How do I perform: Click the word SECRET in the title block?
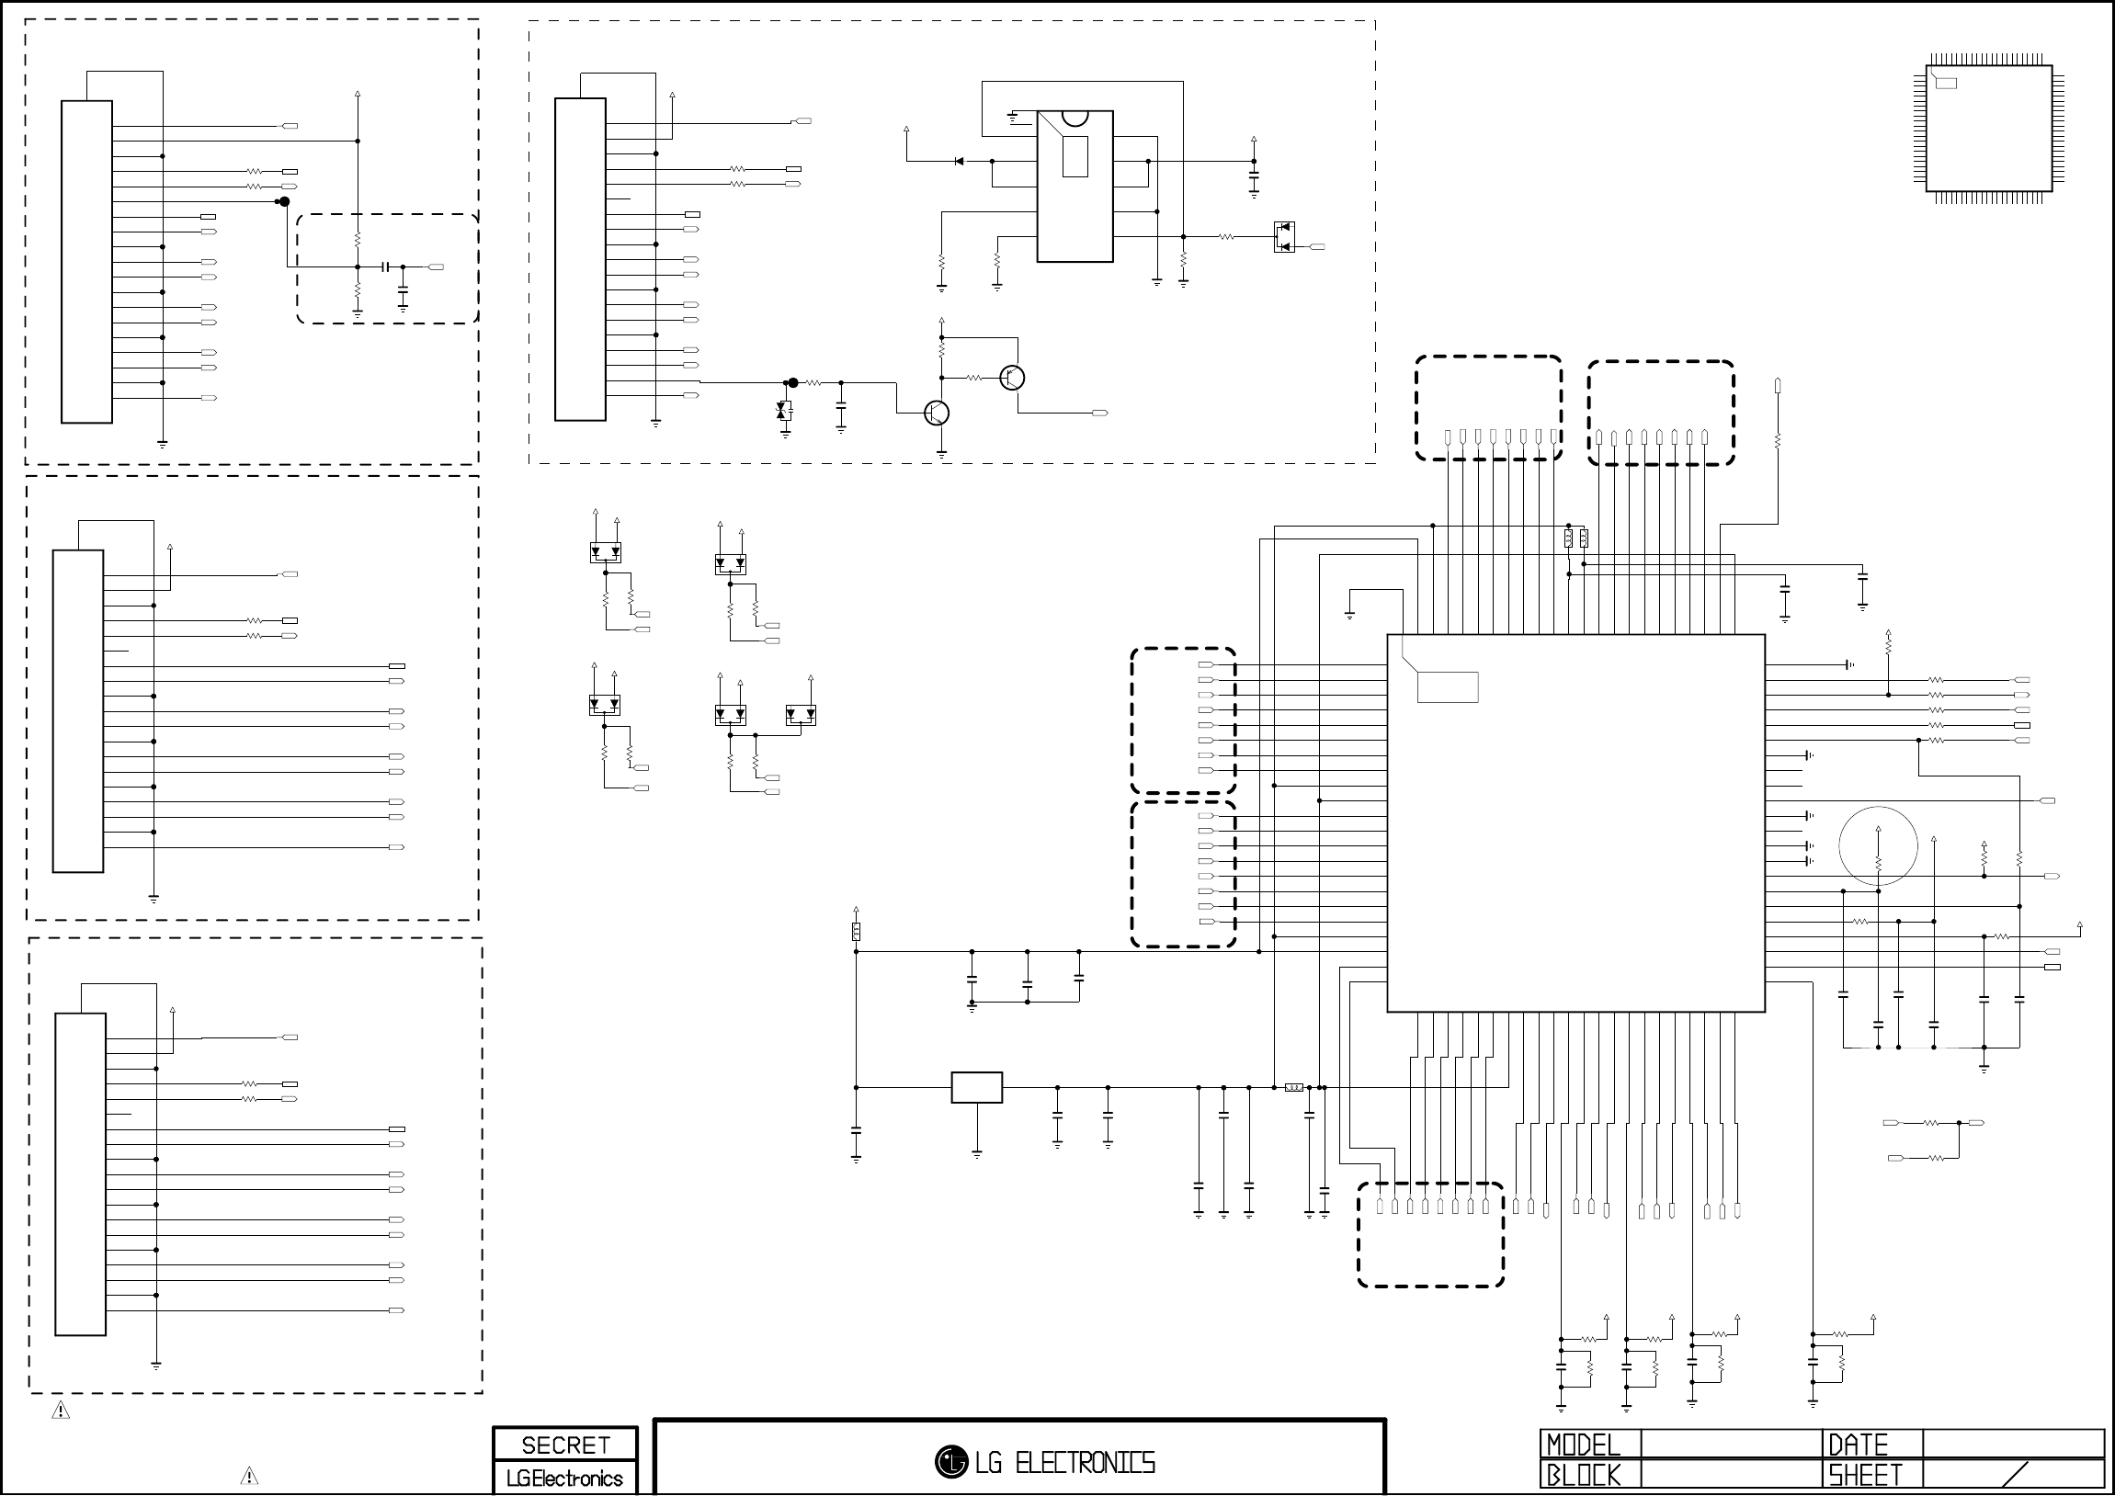click(x=564, y=1445)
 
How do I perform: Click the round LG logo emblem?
click(x=950, y=1461)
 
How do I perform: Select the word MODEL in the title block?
click(x=1583, y=1445)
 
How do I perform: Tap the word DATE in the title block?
click(x=1858, y=1445)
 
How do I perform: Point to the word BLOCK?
click(x=1583, y=1475)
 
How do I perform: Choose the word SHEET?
click(x=1865, y=1475)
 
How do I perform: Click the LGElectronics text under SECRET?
click(x=564, y=1479)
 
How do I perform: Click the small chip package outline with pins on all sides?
click(x=1988, y=128)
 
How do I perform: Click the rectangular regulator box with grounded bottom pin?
click(x=976, y=1087)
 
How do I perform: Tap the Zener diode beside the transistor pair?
click(x=784, y=411)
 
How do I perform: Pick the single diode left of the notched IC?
click(x=958, y=161)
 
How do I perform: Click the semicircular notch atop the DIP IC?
click(x=1075, y=118)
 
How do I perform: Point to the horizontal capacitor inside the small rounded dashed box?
click(x=387, y=267)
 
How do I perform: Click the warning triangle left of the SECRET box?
click(x=249, y=1476)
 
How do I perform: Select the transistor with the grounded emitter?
click(x=937, y=413)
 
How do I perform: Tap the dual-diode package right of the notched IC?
click(x=1283, y=237)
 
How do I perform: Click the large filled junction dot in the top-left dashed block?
click(x=285, y=202)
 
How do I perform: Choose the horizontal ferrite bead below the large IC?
click(x=1294, y=1088)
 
